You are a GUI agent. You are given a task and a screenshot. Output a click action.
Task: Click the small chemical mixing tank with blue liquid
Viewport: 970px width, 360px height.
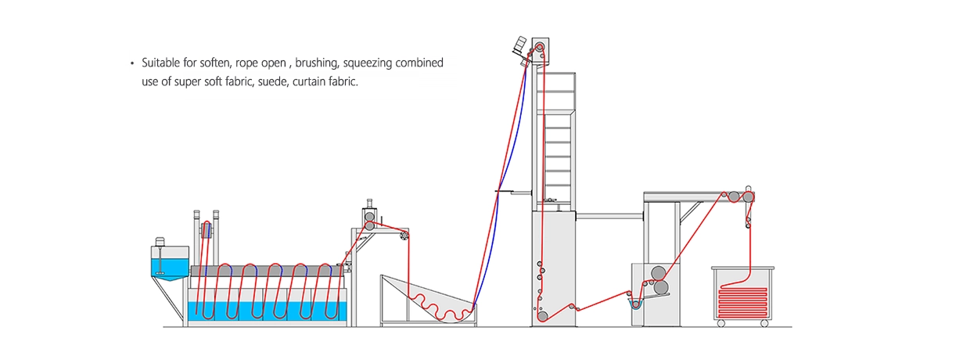(169, 263)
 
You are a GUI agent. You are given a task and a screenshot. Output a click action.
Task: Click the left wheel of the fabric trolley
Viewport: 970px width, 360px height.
(721, 323)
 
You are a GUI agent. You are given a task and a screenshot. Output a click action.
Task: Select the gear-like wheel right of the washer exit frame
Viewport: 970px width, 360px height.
(404, 234)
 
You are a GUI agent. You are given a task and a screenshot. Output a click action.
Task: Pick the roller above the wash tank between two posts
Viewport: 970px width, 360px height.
(207, 229)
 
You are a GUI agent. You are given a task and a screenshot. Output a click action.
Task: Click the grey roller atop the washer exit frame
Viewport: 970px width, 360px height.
(368, 214)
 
